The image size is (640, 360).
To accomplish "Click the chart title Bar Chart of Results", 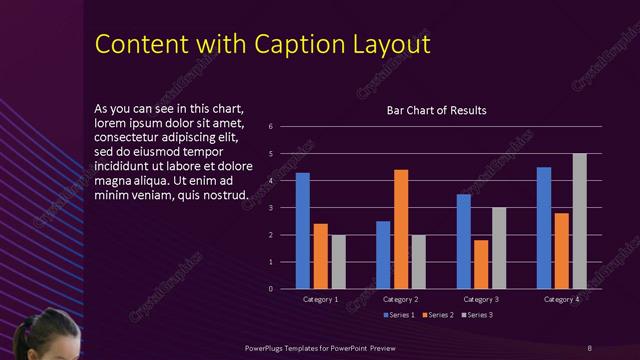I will pyautogui.click(x=436, y=110).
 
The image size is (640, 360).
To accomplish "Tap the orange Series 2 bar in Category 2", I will pyautogui.click(x=401, y=229).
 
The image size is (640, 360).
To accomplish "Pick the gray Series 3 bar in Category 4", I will pyautogui.click(x=579, y=221).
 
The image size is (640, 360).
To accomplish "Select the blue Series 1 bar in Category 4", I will pyautogui.click(x=544, y=227).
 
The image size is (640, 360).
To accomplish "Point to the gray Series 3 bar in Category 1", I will pyautogui.click(x=338, y=262).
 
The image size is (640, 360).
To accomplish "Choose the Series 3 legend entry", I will pyautogui.click(x=476, y=315).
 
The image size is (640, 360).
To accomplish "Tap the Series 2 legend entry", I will pyautogui.click(x=439, y=315).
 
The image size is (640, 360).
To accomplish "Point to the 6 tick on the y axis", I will pyautogui.click(x=270, y=127).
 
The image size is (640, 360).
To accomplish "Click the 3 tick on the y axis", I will pyautogui.click(x=270, y=208).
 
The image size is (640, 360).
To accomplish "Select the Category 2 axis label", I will pyautogui.click(x=400, y=299).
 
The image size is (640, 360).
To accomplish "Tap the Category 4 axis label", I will pyautogui.click(x=561, y=299).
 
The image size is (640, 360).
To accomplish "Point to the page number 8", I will pyautogui.click(x=589, y=347).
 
